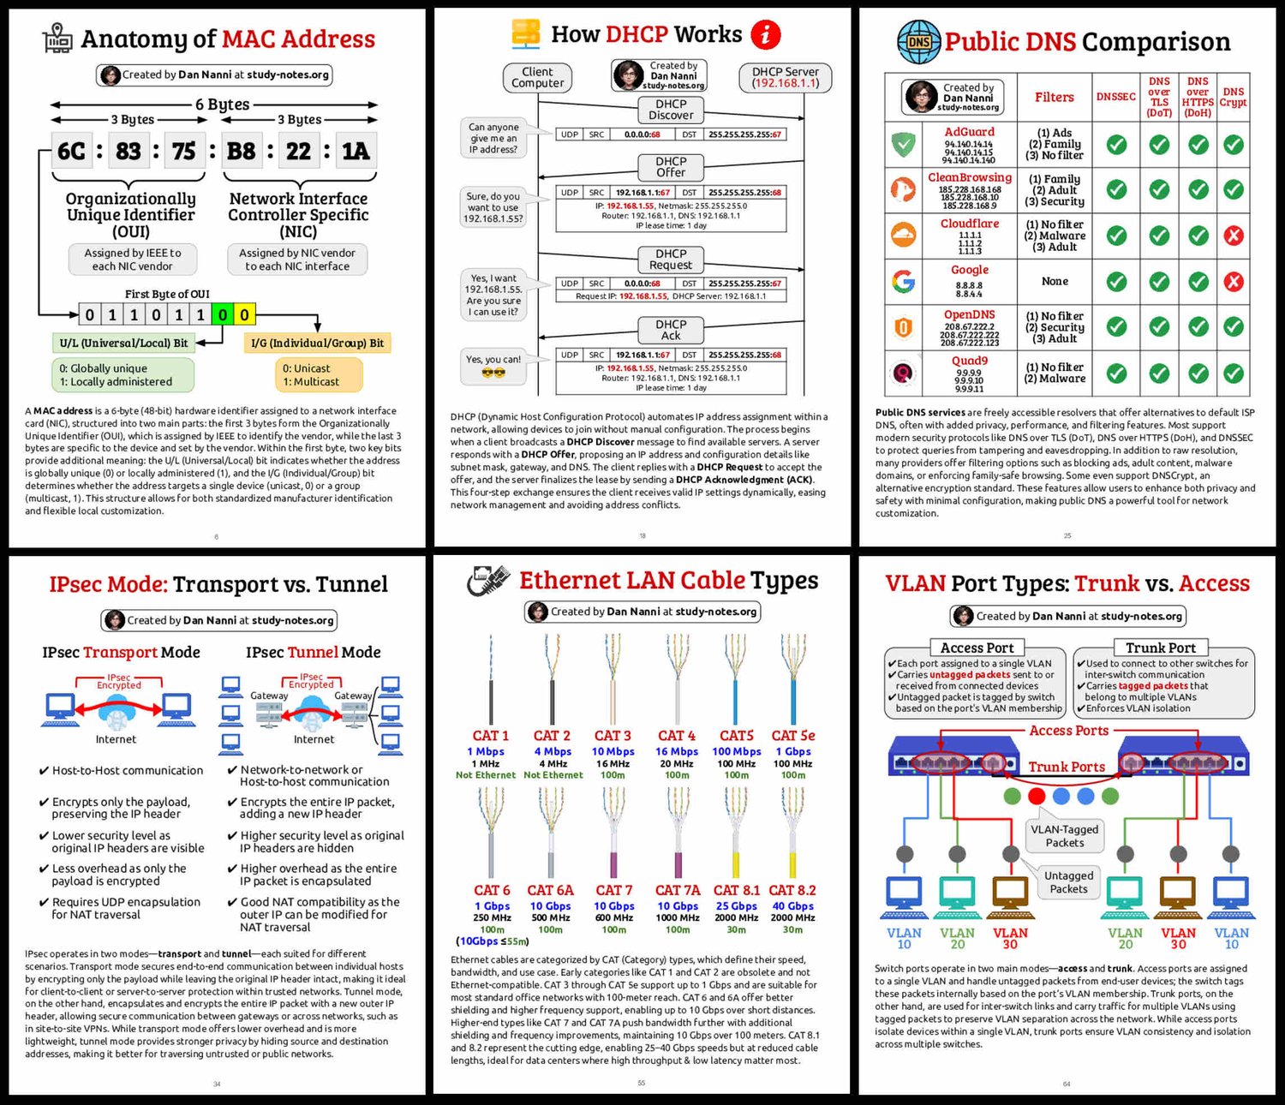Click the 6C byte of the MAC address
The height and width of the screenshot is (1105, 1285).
click(72, 152)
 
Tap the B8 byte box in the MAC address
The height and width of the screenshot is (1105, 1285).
click(241, 152)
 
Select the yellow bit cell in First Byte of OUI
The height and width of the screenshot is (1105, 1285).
click(244, 314)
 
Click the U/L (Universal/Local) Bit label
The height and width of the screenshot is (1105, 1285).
click(123, 343)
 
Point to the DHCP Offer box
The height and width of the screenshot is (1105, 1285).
click(671, 167)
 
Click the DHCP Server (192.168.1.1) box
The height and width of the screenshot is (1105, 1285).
click(785, 78)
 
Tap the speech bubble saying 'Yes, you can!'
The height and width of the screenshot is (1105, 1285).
click(493, 364)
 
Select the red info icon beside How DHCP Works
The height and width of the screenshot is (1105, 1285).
click(765, 34)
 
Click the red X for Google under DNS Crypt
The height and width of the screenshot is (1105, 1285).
click(1233, 281)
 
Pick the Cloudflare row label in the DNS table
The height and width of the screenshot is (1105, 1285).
click(969, 224)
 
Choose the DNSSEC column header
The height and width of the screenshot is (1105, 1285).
click(1115, 97)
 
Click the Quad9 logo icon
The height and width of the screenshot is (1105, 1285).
click(903, 373)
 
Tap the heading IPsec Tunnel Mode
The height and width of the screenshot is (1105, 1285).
click(313, 652)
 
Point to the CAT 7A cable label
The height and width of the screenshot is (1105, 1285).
click(677, 890)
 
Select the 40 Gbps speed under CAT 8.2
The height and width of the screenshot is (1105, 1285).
click(792, 905)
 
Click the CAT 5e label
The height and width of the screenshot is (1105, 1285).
click(792, 735)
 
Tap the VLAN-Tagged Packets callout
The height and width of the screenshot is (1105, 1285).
click(1064, 836)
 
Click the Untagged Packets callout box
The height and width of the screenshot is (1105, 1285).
click(1068, 882)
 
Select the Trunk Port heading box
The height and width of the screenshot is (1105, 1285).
click(1160, 648)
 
